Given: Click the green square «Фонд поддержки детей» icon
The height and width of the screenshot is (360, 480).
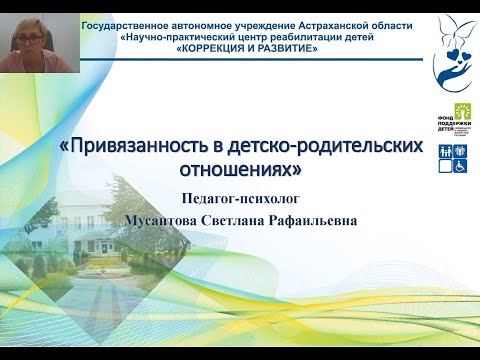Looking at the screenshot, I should tap(463, 112).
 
